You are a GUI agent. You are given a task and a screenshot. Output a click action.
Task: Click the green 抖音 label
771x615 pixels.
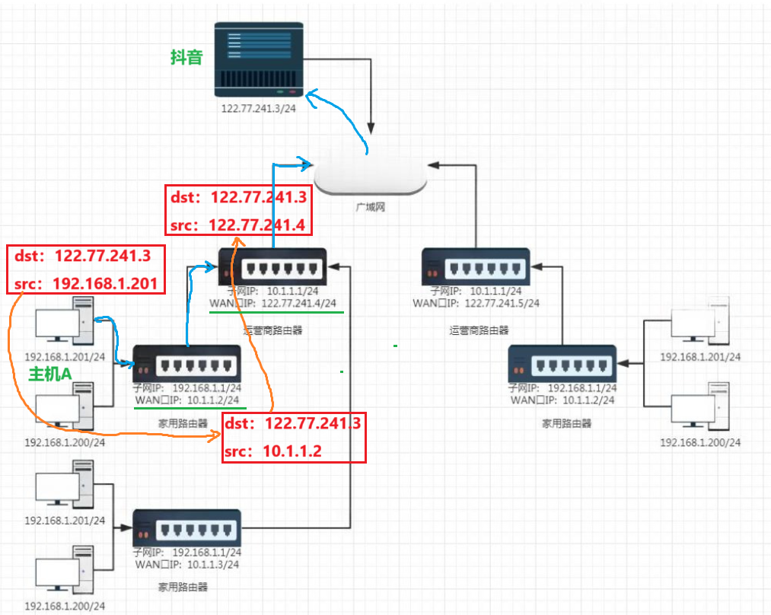point(186,57)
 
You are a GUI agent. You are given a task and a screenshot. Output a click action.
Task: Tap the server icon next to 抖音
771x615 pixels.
point(259,57)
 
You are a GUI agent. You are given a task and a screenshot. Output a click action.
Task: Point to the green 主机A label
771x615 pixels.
point(50,374)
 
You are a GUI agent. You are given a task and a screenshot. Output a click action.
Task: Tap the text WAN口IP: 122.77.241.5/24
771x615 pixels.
point(476,303)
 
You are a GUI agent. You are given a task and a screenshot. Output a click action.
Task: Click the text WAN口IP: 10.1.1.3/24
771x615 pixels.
point(186,564)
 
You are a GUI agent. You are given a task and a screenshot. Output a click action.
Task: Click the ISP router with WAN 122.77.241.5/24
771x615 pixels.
point(476,268)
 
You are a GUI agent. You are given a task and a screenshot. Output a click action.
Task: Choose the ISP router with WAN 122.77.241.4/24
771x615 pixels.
point(272,266)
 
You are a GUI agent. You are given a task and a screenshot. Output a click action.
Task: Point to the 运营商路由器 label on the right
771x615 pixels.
point(479,330)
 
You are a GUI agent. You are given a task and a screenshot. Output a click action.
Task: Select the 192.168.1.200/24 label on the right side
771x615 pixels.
point(700,442)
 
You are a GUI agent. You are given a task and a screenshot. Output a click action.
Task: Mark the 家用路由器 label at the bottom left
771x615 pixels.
point(183,587)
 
